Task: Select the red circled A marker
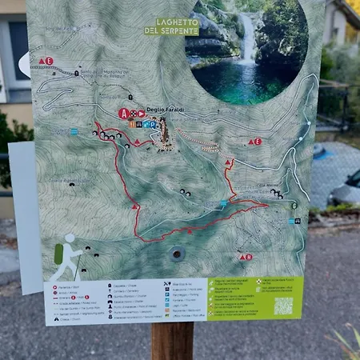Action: (123, 114)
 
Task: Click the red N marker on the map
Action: (246, 257)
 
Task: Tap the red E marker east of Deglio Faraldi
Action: (255, 142)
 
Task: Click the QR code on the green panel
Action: (283, 306)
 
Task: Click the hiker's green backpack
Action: (58, 254)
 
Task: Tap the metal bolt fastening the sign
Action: (177, 254)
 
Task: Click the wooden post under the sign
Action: (172, 340)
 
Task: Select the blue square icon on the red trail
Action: (223, 205)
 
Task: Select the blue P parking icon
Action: (152, 124)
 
